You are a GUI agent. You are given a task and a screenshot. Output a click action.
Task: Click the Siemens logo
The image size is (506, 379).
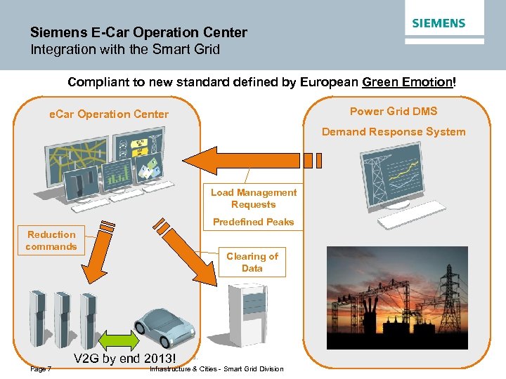pos(439,23)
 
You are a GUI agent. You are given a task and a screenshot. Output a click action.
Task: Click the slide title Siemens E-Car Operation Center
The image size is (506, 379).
pos(138,32)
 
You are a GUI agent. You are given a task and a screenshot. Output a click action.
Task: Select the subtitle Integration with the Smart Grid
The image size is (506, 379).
pos(125,49)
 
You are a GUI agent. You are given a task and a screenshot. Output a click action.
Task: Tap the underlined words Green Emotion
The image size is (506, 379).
pos(408,82)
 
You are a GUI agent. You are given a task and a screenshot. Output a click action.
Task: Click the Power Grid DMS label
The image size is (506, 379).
pos(394,111)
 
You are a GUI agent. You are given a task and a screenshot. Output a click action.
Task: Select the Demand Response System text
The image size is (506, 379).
pos(394,131)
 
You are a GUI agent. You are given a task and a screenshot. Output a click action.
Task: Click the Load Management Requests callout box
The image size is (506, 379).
pos(254,198)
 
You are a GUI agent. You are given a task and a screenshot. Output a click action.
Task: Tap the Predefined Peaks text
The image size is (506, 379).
pos(254,222)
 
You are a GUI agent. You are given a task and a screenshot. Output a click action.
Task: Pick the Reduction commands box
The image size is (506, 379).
pos(51,241)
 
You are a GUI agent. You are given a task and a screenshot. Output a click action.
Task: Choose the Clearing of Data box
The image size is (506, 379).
pos(252,262)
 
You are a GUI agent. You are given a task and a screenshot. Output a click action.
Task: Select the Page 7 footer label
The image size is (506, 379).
pos(40,369)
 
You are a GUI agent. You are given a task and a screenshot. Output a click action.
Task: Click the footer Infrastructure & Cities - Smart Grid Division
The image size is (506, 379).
pos(217,369)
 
